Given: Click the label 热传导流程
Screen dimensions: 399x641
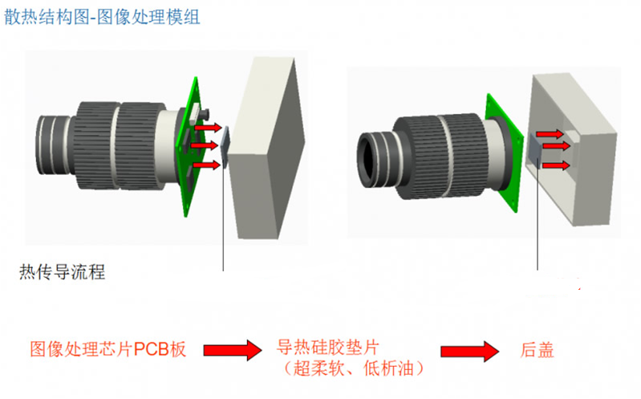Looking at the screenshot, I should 63,272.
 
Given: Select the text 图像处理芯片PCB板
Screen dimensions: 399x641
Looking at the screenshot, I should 108,350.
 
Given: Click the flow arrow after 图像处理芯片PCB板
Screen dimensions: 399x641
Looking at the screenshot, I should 233,350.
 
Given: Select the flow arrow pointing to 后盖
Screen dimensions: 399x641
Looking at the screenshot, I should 469,351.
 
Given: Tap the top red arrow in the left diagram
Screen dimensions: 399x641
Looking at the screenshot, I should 208,128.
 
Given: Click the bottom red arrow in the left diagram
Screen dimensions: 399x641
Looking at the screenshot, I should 208,165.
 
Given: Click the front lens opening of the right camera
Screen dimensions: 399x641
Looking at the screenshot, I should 371,153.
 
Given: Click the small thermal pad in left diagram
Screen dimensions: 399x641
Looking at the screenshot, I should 225,147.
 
